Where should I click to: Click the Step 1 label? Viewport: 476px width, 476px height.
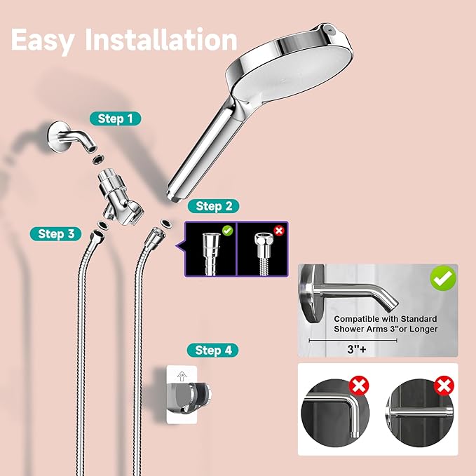115,119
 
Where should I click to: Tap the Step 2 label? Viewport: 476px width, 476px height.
213,206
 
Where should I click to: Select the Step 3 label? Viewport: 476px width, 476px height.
56,234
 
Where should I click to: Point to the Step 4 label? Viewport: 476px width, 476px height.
212,350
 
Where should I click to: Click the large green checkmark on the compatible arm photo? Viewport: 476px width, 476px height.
442,279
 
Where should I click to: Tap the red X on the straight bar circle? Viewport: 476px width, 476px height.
443,385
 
